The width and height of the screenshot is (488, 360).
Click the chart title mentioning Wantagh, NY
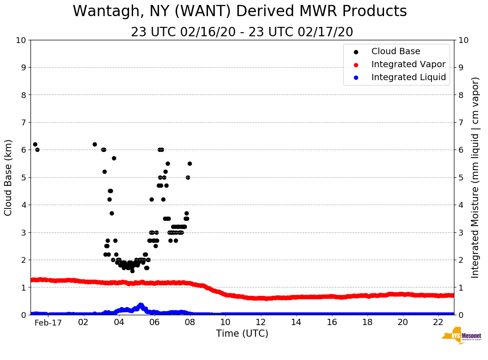pos(240,11)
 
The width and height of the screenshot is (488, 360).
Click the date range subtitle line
pos(242,32)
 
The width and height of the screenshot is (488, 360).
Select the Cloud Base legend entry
pos(396,51)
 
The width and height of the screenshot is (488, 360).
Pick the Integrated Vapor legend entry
pos(408,64)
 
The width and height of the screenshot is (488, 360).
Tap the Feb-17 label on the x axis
pos(48,322)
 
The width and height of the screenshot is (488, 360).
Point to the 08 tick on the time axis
pos(190,322)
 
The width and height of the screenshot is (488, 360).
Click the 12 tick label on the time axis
pos(260,322)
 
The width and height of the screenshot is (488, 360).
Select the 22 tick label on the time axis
pos(438,322)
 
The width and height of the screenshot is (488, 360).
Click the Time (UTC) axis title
pos(242,334)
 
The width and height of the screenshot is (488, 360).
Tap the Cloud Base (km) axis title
pos(9,177)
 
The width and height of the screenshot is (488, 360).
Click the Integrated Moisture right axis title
pos(475,177)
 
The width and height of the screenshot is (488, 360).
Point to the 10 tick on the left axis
pos(21,40)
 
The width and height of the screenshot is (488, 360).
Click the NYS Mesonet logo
pos(462,338)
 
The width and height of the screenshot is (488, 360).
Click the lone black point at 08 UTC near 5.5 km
pos(190,163)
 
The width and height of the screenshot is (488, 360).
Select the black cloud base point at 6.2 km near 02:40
pos(95,144)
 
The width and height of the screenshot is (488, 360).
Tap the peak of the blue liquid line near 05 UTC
pos(141,305)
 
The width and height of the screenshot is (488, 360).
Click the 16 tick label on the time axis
pos(331,322)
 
